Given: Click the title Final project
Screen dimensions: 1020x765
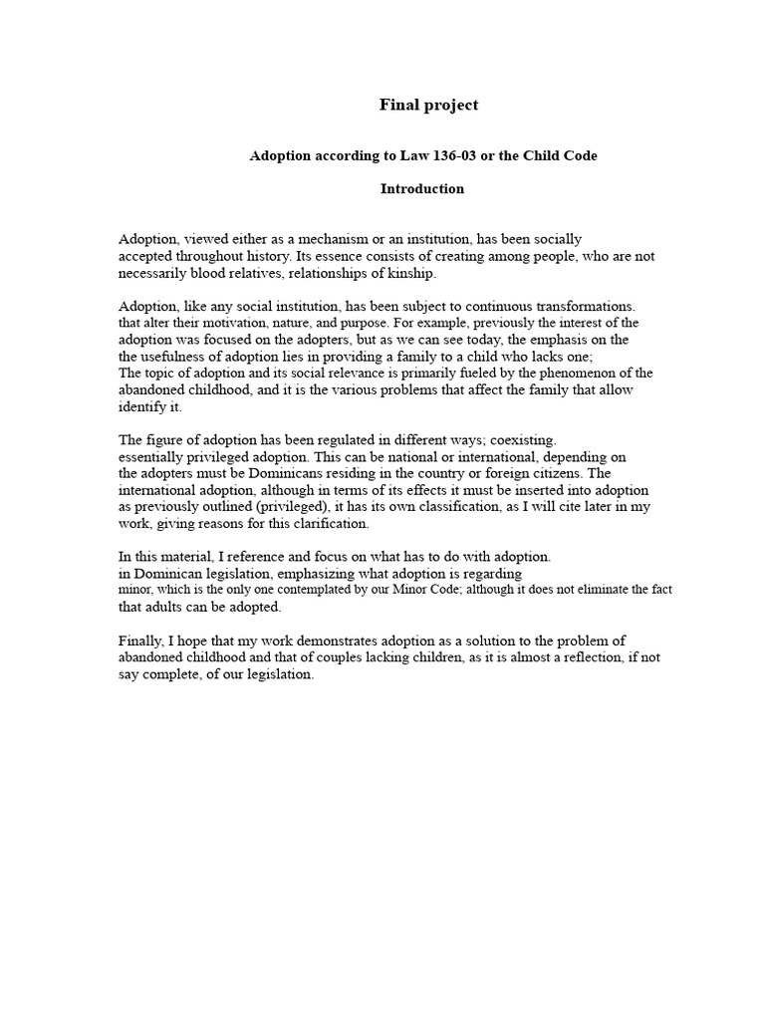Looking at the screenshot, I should click(x=428, y=105).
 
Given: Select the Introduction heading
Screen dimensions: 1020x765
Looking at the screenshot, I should click(x=422, y=188).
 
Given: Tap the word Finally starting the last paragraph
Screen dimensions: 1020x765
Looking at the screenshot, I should click(x=143, y=640).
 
